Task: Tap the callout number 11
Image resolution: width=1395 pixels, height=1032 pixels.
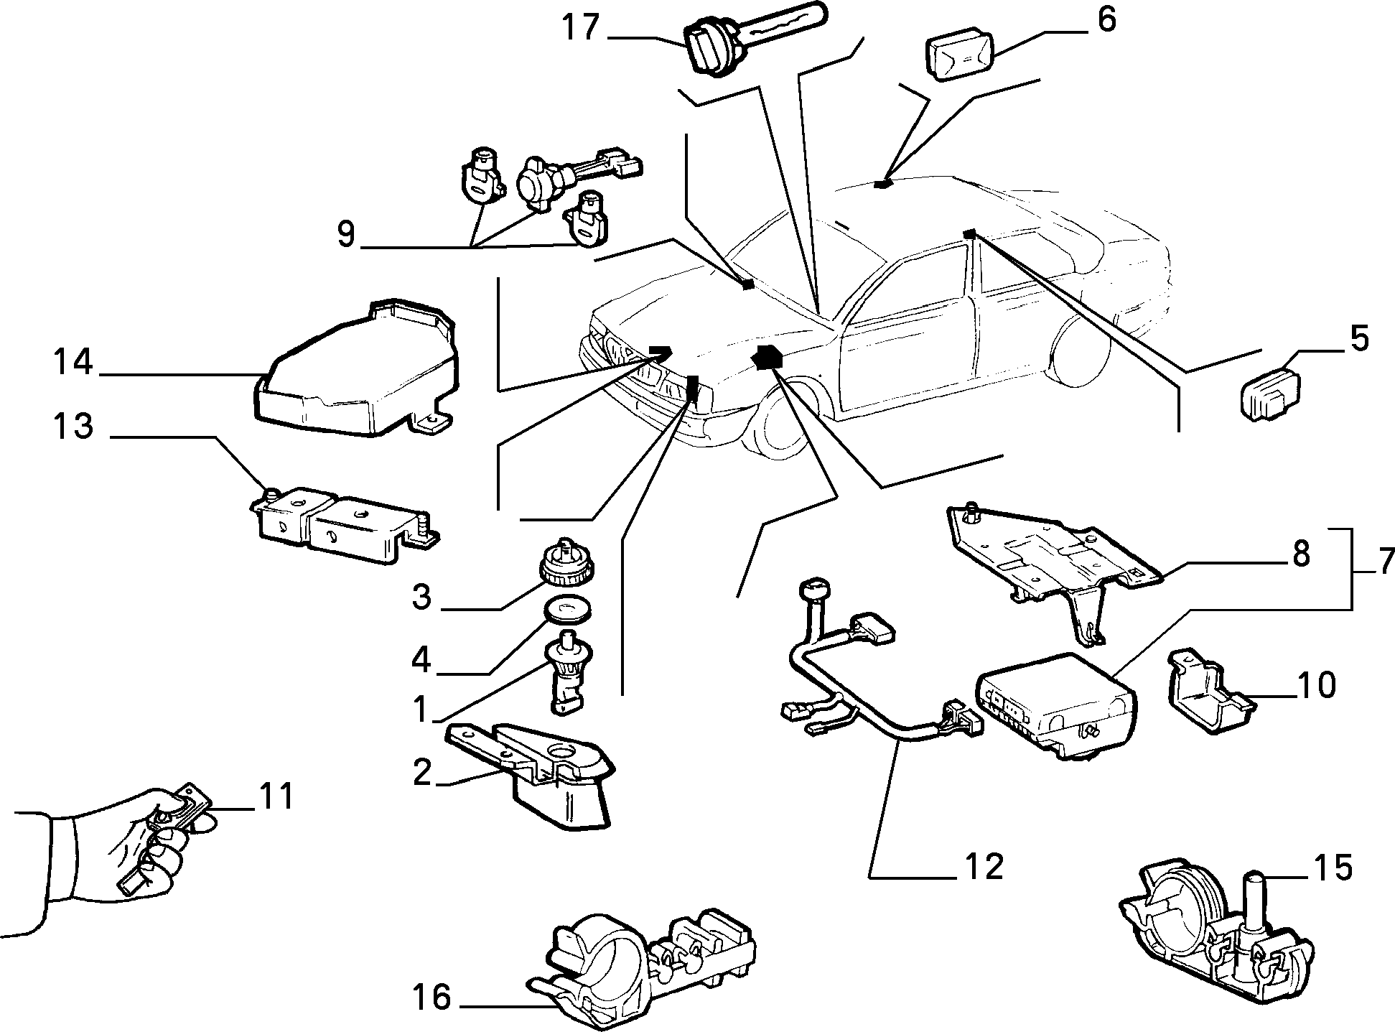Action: pos(276,797)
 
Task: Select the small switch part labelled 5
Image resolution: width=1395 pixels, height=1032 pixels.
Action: pos(1272,394)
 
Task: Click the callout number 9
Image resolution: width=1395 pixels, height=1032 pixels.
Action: pos(346,235)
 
